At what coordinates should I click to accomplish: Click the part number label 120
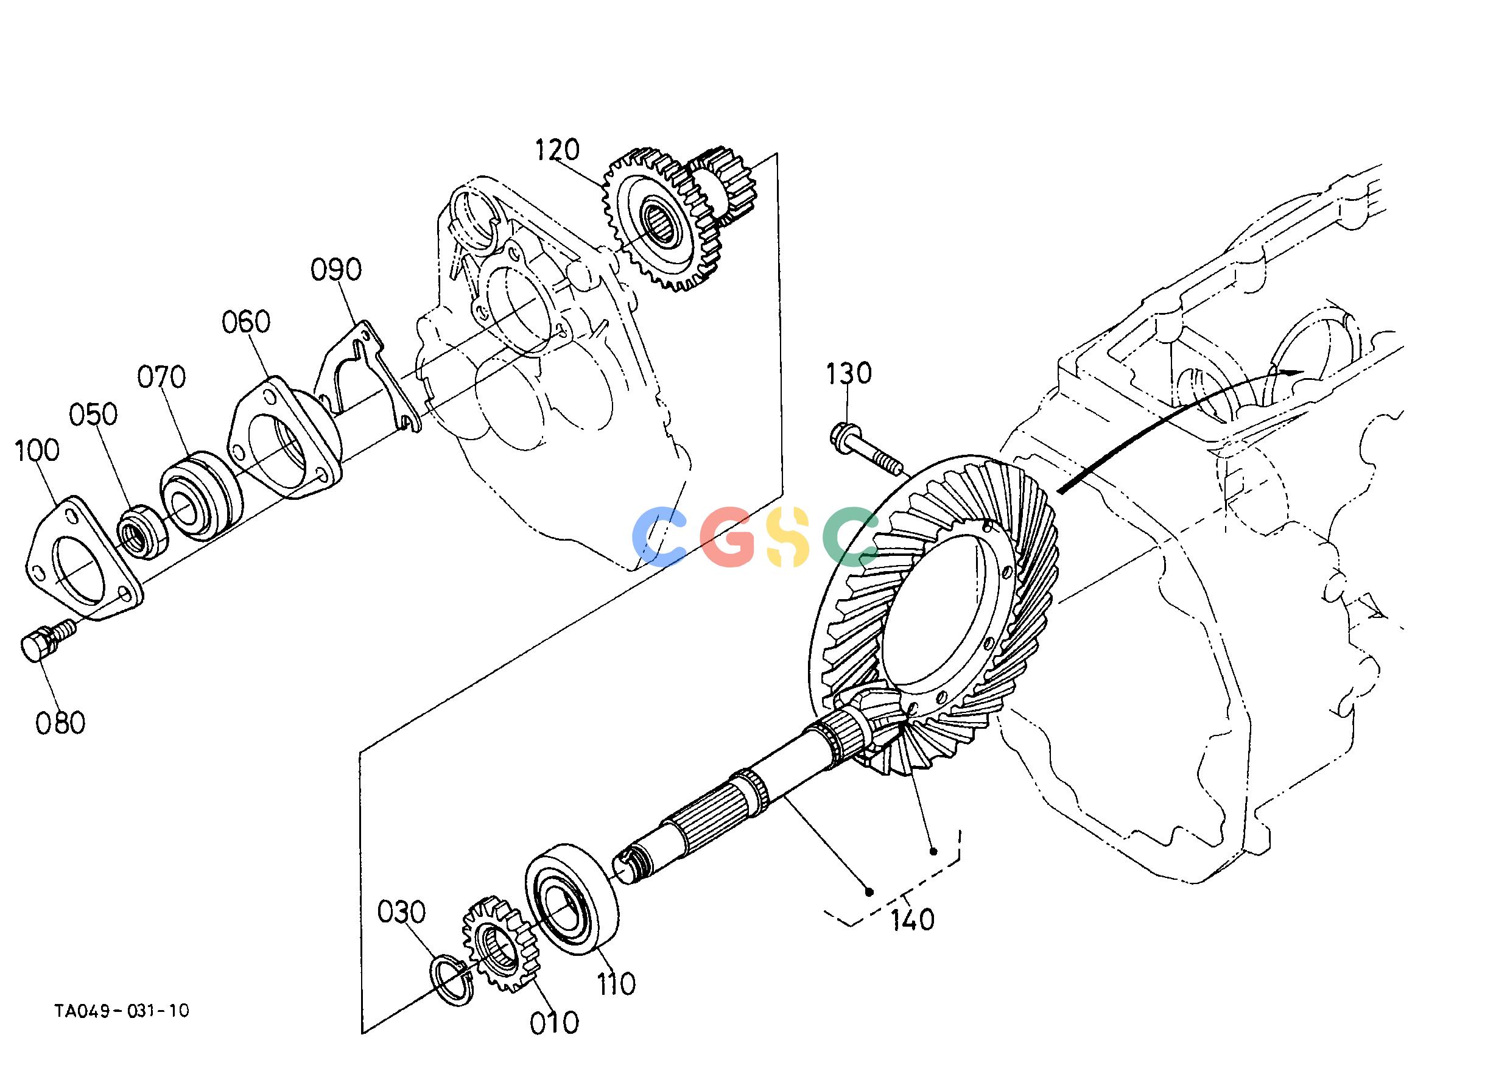(557, 150)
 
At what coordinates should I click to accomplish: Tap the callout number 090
(336, 270)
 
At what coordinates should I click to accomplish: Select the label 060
(246, 322)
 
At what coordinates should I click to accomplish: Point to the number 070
(161, 377)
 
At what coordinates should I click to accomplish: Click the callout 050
(93, 415)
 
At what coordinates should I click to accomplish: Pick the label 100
(37, 451)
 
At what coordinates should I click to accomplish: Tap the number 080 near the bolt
(60, 723)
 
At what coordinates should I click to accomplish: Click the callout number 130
(849, 374)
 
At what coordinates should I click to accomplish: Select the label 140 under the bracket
(913, 920)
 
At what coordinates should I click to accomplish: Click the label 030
(401, 913)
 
